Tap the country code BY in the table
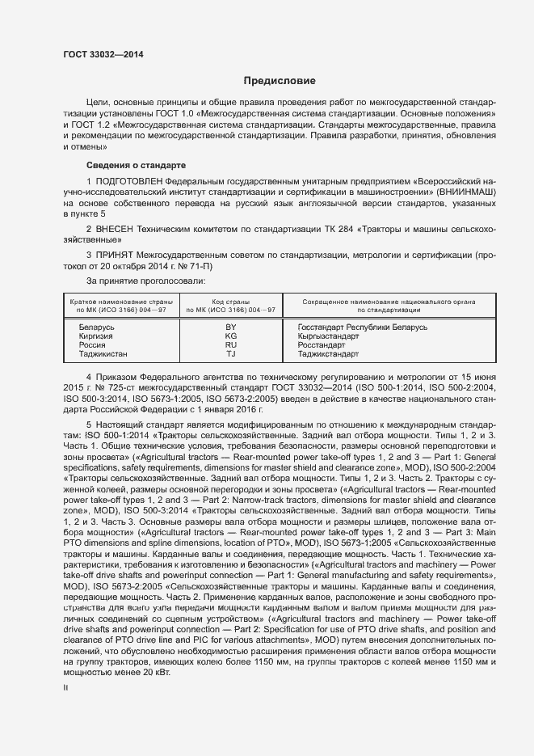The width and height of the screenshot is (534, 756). (231, 327)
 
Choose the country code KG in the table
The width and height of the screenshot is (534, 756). (231, 336)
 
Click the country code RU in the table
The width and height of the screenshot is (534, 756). (231, 344)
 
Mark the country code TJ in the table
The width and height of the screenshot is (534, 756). (231, 353)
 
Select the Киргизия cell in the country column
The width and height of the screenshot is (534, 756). (95, 336)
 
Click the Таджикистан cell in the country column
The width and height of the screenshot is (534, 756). (103, 353)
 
